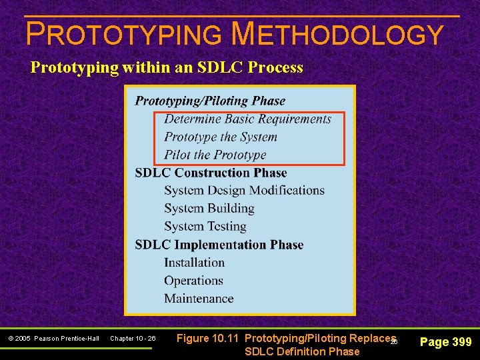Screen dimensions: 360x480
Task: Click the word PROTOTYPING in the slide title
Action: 123,34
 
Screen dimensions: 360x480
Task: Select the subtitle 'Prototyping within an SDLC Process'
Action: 167,67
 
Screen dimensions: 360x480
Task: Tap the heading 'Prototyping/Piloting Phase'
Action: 210,101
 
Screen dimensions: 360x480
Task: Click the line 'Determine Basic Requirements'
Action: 247,119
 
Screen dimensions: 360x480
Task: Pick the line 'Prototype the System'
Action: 221,137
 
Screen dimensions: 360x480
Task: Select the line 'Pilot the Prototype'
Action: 215,155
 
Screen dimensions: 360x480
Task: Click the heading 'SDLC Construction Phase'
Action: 211,173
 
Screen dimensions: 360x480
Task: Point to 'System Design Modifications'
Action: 244,191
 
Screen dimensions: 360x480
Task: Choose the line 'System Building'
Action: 209,209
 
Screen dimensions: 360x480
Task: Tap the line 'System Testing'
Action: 205,227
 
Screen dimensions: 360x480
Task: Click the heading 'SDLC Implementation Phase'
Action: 219,245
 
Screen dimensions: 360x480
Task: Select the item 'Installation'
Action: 194,263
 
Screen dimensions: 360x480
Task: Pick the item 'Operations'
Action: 193,281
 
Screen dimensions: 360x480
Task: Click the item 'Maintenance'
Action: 199,299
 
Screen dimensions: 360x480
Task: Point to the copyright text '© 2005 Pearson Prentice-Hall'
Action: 54,339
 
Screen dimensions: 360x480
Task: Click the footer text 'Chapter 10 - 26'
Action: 133,339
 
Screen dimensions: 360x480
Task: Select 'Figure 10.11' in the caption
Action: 208,338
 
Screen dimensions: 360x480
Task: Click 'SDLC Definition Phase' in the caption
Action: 302,351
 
